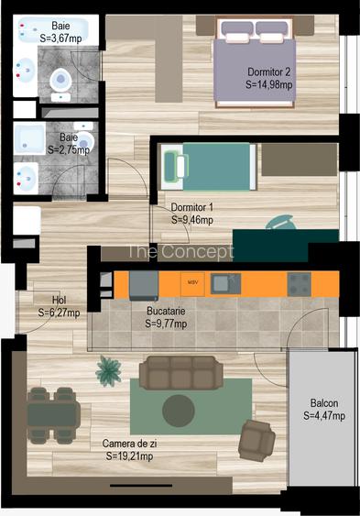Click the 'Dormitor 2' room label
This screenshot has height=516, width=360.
coord(270,71)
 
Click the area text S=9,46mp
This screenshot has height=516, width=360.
coord(192,220)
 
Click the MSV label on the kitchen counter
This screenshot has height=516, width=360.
coord(192,282)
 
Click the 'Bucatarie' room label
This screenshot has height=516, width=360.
coord(166,311)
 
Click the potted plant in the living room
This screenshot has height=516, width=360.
coord(110,370)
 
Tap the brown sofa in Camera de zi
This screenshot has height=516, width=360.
coord(180,371)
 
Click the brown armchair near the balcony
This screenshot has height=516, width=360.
coord(256,440)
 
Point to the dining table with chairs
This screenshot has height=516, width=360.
coord(52,414)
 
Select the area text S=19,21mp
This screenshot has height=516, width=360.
coord(128,456)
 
